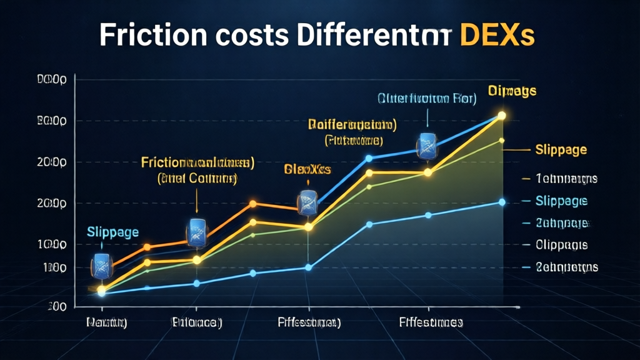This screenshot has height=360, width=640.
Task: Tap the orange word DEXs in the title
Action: pos(497,36)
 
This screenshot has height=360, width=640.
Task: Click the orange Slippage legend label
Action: pos(561,150)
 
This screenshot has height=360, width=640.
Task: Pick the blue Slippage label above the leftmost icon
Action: pos(113,232)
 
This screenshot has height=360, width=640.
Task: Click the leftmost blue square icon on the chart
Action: pos(101,266)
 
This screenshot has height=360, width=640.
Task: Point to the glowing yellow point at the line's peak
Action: pos(501,116)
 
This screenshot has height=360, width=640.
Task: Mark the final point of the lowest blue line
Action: pos(502,202)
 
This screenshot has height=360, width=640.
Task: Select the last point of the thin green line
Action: pos(502,140)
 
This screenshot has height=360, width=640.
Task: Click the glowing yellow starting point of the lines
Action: pos(102,289)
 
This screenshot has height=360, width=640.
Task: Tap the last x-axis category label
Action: pos(431,323)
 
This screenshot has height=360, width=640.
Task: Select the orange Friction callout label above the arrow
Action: pos(197,164)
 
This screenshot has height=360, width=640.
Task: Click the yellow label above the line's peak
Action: pos(512,91)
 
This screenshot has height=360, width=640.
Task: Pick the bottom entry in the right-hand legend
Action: pos(566,267)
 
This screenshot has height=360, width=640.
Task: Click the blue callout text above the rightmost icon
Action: pos(426,98)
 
